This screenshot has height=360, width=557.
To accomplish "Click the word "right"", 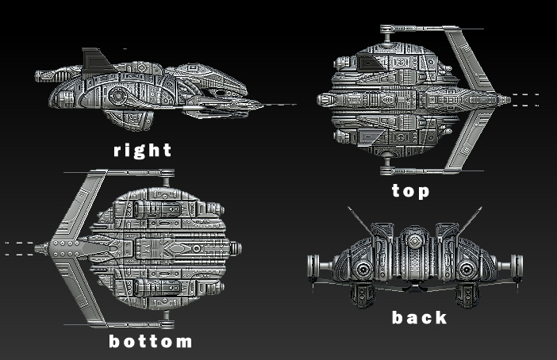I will point(142,150).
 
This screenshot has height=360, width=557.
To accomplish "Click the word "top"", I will point(410,191).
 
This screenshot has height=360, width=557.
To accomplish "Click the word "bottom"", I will point(150,342).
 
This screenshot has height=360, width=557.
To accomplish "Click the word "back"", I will point(419,318).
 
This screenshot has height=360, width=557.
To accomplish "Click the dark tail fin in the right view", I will point(95,59).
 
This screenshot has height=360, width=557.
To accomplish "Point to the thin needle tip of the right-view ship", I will point(278,104).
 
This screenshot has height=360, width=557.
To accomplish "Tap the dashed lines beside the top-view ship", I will point(525,99).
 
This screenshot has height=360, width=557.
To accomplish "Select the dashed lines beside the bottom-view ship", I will point(19,248).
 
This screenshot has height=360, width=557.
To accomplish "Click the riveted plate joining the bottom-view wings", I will point(62,248).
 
